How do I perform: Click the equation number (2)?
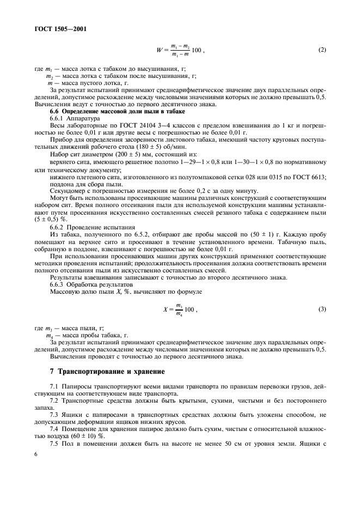click(x=321, y=51)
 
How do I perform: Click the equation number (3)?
click(x=321, y=309)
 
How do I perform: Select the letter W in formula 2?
click(x=158, y=51)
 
